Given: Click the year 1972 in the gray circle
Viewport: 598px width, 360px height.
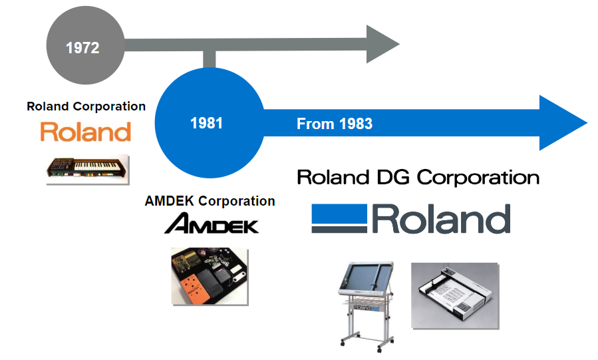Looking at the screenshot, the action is pos(82,48).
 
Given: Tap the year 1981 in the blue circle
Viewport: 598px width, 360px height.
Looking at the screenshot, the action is pos(206,123).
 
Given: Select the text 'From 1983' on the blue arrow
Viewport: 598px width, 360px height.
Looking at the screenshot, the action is pos(335,124).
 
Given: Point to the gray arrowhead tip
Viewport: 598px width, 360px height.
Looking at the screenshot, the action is pos(399,44).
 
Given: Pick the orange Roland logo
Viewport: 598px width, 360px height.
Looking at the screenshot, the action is pos(86,132).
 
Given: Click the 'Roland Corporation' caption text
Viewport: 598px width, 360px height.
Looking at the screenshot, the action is pos(86,106).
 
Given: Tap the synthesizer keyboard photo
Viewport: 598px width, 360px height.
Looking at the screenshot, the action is pos(88,170).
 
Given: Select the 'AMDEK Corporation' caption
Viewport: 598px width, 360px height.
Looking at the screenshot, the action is pos(210,201).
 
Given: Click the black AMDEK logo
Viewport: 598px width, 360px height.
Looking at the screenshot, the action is pos(212,224).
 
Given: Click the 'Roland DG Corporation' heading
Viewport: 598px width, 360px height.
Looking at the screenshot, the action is pos(418,177).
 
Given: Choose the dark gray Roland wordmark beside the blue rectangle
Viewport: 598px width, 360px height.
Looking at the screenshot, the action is pos(441,218).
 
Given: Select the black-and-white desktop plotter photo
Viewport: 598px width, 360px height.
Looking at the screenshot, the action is pos(455,295).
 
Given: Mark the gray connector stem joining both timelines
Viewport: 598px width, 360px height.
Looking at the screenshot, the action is pos(209,59).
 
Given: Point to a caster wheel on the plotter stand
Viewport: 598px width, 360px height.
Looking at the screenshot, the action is pos(379,350).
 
